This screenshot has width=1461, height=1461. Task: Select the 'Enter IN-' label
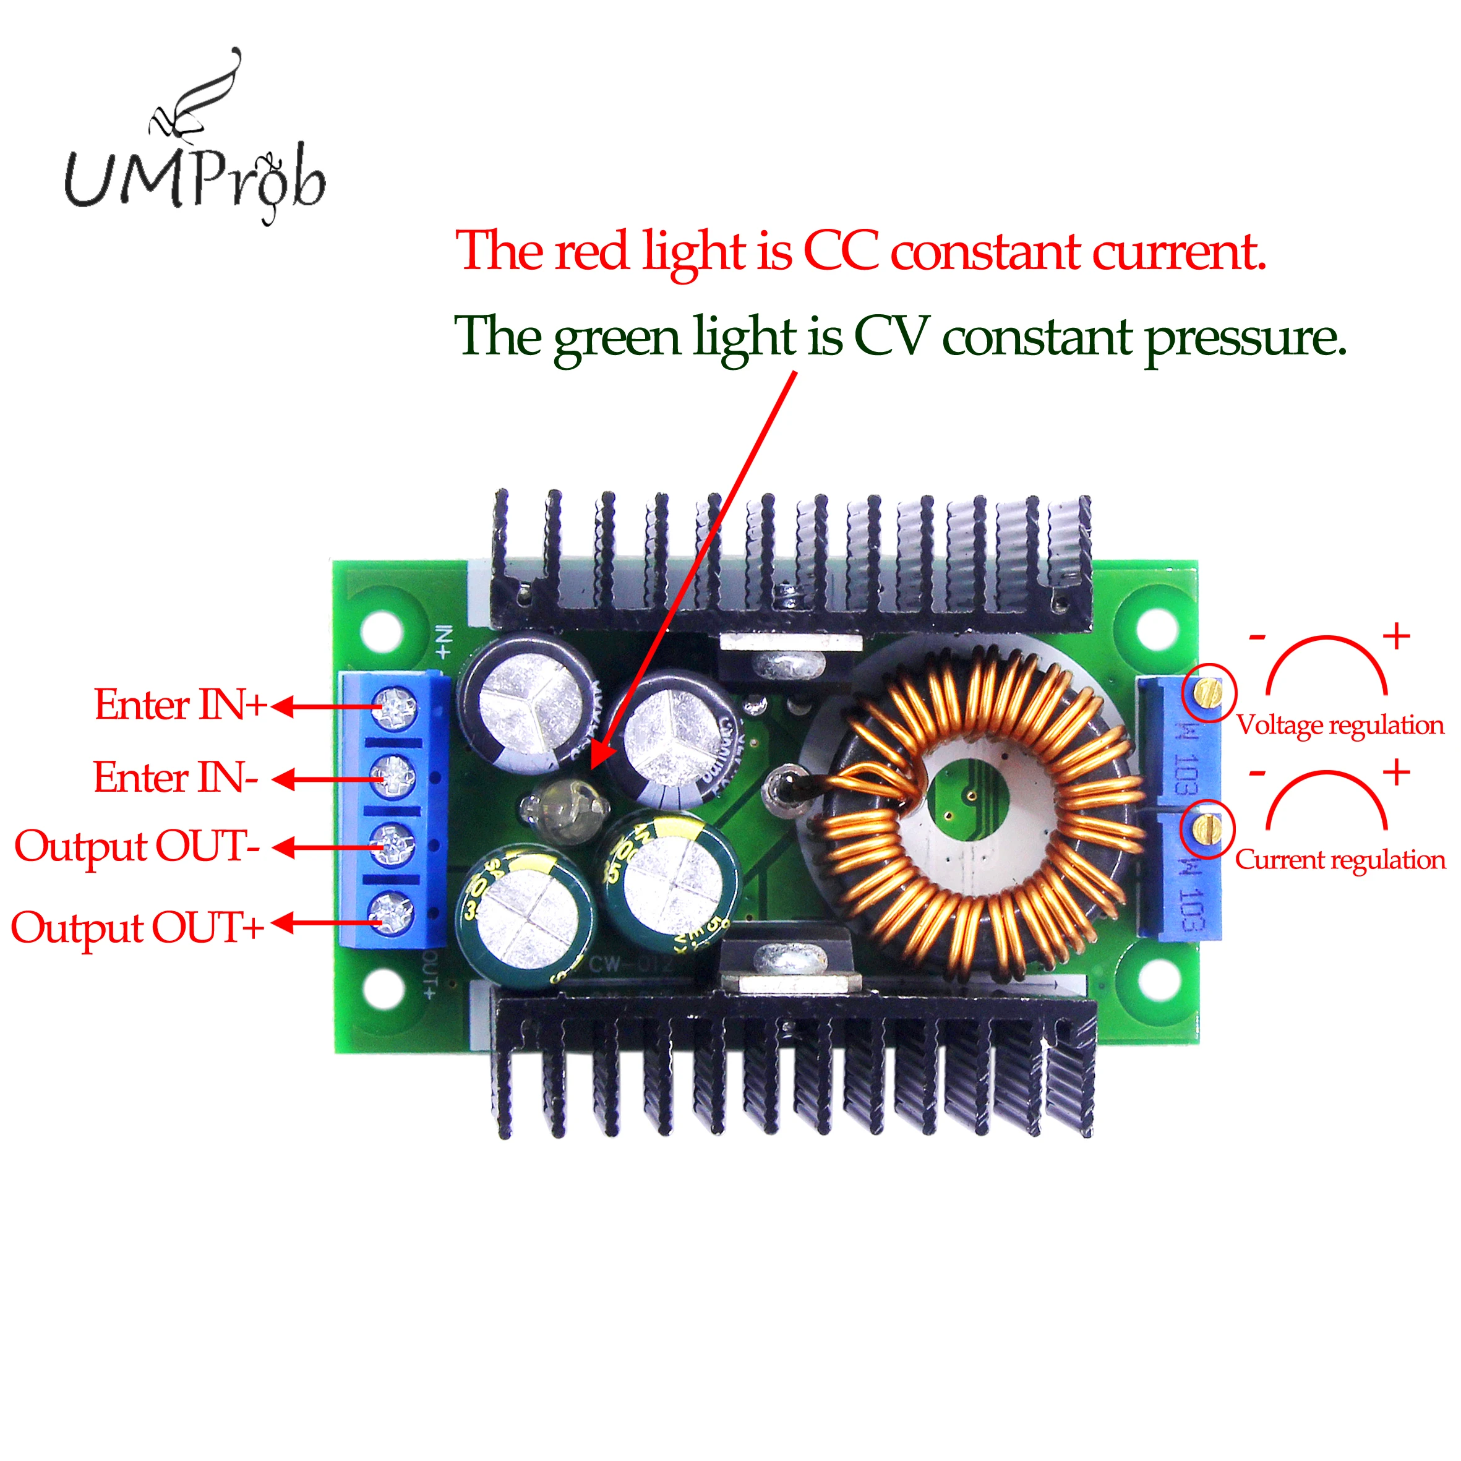tap(176, 778)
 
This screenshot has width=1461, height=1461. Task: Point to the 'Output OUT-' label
tap(137, 846)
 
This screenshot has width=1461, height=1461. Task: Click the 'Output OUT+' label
tap(137, 928)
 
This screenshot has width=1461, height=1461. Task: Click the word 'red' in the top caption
tap(591, 251)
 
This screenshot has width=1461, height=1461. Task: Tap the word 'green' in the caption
tap(616, 337)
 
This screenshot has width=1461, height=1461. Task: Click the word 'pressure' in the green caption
tap(1245, 337)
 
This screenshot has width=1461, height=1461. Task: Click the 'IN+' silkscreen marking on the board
tap(445, 643)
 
